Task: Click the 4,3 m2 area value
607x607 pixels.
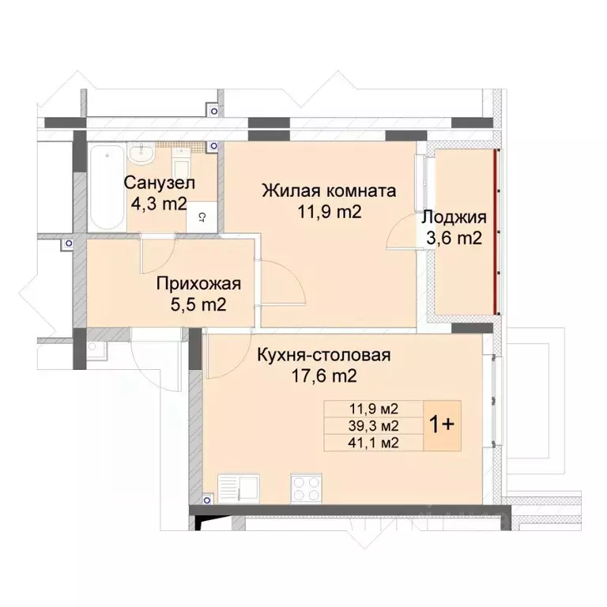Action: (158, 205)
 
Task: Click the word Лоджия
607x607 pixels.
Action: (454, 217)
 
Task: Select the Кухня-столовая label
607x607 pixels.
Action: (324, 355)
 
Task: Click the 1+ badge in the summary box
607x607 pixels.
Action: (440, 425)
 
